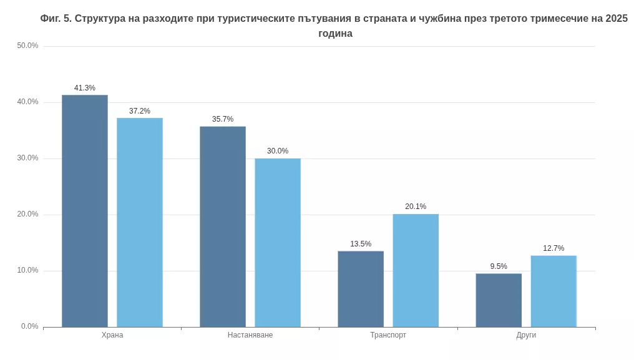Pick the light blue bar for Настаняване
click(x=278, y=243)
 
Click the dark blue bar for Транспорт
click(x=361, y=289)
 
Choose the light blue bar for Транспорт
click(x=416, y=270)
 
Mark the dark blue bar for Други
click(x=499, y=300)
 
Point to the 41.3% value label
click(x=85, y=88)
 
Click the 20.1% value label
click(x=416, y=207)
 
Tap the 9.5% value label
click(x=499, y=266)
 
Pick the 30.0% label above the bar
click(x=278, y=151)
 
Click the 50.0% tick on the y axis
click(x=27, y=46)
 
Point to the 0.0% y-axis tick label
click(x=29, y=326)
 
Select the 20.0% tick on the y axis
click(x=27, y=214)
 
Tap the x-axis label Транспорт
click(x=388, y=335)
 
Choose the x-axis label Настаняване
click(x=250, y=335)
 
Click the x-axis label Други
click(x=526, y=335)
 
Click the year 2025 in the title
click(x=616, y=18)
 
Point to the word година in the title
click(x=335, y=34)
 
